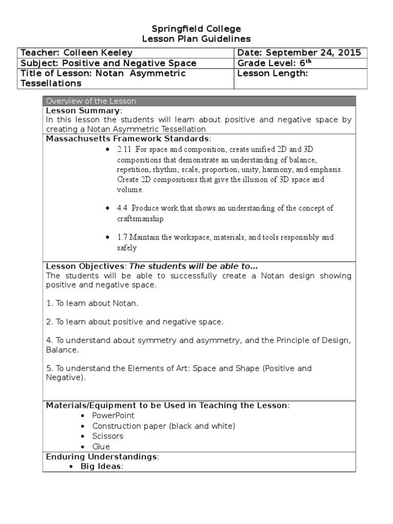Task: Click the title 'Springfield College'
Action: (196, 29)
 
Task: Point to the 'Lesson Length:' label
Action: (272, 73)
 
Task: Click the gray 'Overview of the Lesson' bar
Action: (199, 101)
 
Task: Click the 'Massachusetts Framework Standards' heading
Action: (127, 139)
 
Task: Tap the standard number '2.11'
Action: (124, 149)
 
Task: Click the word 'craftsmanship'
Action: (141, 219)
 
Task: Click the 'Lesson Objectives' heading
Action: (85, 266)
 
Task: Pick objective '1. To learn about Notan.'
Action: (92, 303)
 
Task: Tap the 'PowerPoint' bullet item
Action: (113, 416)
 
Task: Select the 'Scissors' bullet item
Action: (108, 436)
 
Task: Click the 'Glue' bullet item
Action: (101, 446)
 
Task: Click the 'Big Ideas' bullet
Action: (101, 466)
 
